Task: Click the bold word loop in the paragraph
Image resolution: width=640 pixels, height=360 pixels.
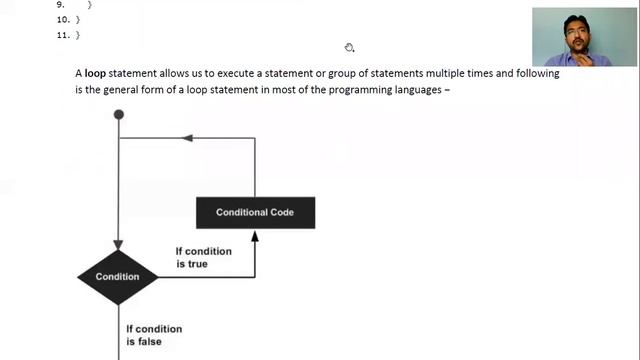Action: [x=95, y=73]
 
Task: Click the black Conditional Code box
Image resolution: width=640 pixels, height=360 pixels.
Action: [x=255, y=212]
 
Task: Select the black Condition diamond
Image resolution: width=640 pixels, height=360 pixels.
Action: [x=118, y=276]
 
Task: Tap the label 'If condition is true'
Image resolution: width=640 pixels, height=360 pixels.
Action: [x=203, y=257]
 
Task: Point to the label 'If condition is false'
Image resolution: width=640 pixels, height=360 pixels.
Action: [x=154, y=335]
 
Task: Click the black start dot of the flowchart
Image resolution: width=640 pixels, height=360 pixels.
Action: [x=119, y=115]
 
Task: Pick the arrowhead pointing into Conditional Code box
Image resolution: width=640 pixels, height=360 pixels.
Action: [x=255, y=235]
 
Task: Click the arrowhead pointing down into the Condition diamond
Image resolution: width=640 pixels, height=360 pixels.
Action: [x=119, y=245]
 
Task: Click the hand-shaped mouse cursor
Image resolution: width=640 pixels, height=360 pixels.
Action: [x=349, y=47]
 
